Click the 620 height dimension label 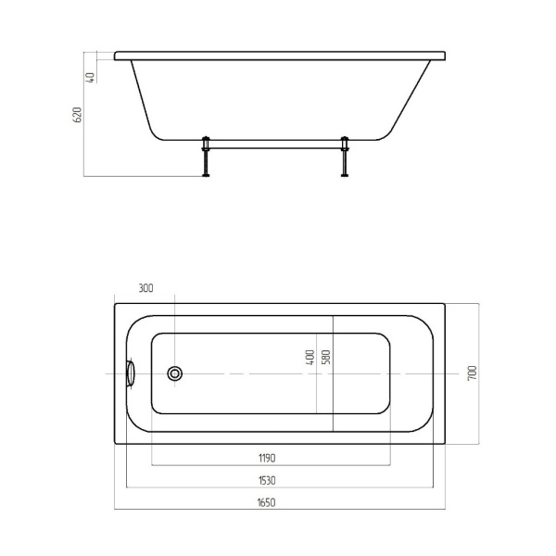pyautogui.click(x=77, y=115)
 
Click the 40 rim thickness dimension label pyautogui.click(x=91, y=77)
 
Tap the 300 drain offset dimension pyautogui.click(x=145, y=288)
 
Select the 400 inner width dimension pyautogui.click(x=310, y=358)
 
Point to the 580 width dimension pyautogui.click(x=326, y=357)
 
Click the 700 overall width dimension pyautogui.click(x=473, y=373)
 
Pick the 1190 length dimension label pyautogui.click(x=267, y=458)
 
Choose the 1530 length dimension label pyautogui.click(x=267, y=480)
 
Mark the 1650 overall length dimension pyautogui.click(x=266, y=503)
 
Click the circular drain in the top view pyautogui.click(x=174, y=373)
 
